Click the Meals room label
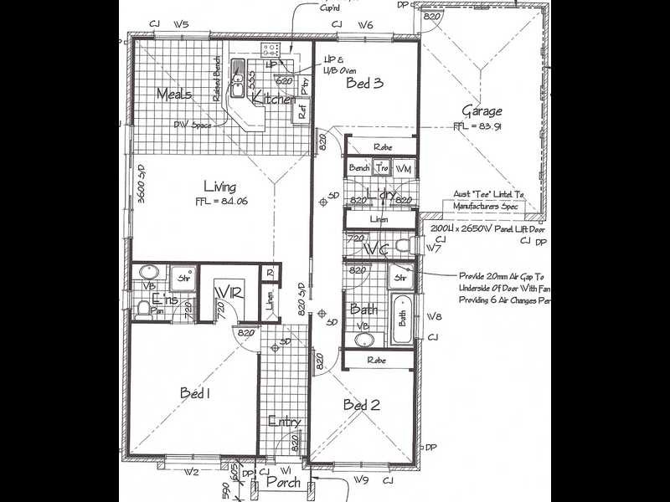[173, 94]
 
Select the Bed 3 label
[364, 83]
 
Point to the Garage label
[482, 110]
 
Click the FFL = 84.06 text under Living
[221, 201]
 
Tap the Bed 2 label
[362, 405]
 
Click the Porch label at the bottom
[282, 482]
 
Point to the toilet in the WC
[403, 246]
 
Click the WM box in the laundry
[404, 168]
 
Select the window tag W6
[364, 25]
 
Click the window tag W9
[361, 479]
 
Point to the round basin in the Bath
[364, 341]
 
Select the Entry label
[284, 422]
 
